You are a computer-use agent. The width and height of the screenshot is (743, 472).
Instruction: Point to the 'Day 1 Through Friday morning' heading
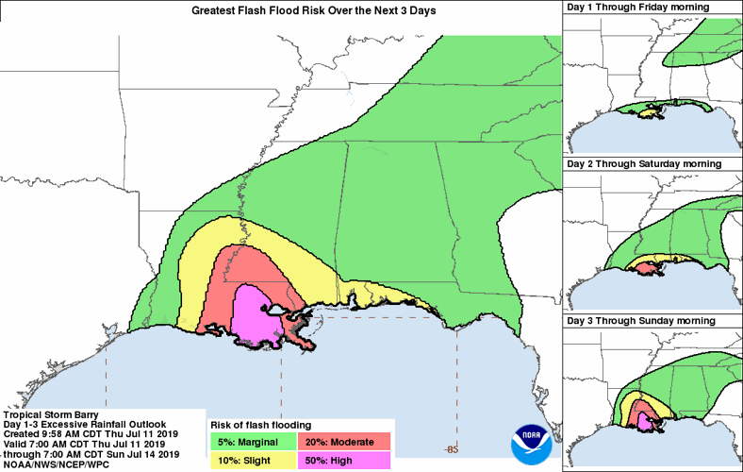[x=652, y=8]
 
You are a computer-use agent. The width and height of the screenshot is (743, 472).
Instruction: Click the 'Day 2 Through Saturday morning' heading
[x=652, y=163]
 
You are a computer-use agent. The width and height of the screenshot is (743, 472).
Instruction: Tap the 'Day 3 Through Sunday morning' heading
[x=650, y=321]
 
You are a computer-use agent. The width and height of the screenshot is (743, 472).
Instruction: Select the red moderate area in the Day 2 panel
[x=645, y=268]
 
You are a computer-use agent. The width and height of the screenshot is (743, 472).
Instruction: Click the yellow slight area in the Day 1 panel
[x=649, y=112]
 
